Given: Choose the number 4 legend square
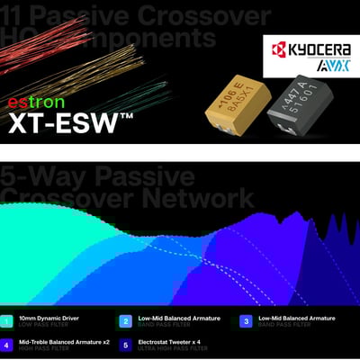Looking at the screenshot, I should pyautogui.click(x=8, y=345).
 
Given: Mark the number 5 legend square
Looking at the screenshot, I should pyautogui.click(x=126, y=345).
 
